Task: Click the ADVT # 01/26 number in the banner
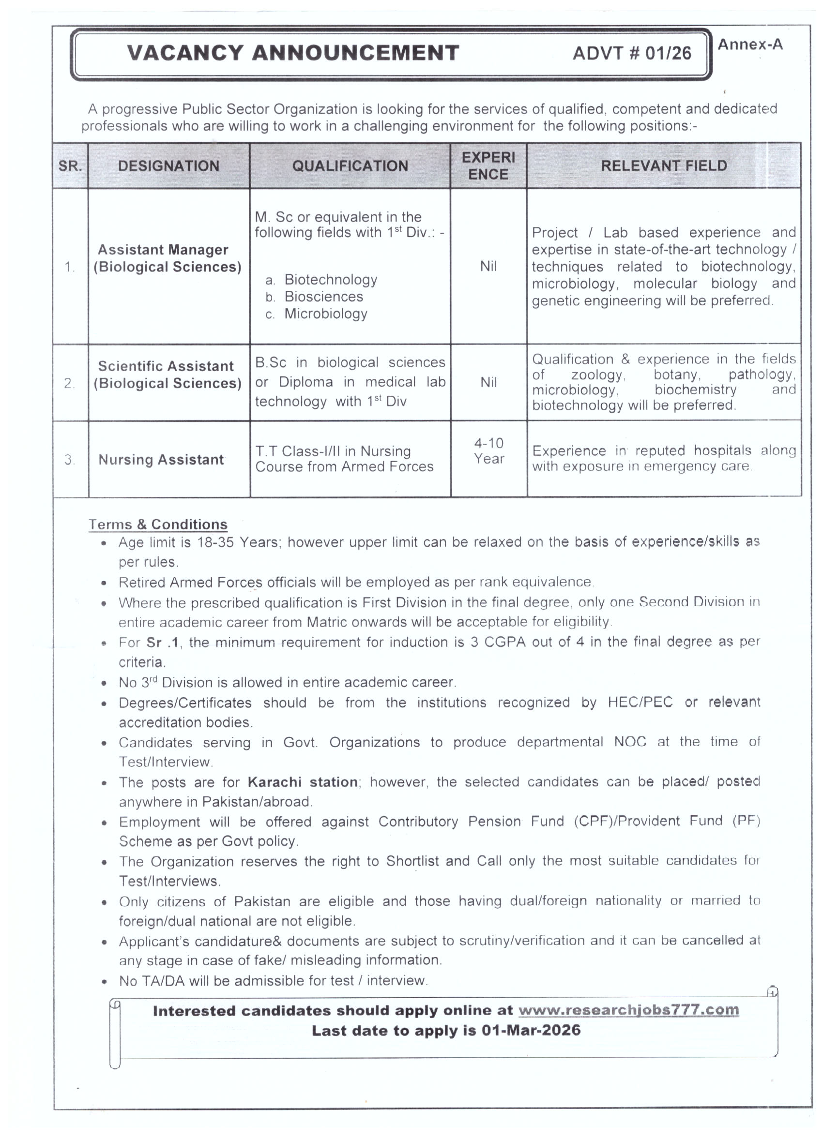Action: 631,53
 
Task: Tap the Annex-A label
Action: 750,45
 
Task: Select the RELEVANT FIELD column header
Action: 663,165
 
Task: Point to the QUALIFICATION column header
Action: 350,166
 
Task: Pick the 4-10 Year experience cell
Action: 488,451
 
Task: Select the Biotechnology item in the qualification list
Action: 330,280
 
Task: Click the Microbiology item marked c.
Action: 325,314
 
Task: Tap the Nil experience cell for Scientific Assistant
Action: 488,382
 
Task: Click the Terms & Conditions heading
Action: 158,524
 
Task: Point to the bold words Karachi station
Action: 302,782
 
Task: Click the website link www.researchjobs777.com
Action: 628,1010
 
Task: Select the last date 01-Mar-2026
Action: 531,1031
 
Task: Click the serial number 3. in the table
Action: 70,460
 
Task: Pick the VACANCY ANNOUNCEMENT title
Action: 293,53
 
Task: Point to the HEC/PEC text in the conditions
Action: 640,702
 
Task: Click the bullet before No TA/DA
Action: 104,981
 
